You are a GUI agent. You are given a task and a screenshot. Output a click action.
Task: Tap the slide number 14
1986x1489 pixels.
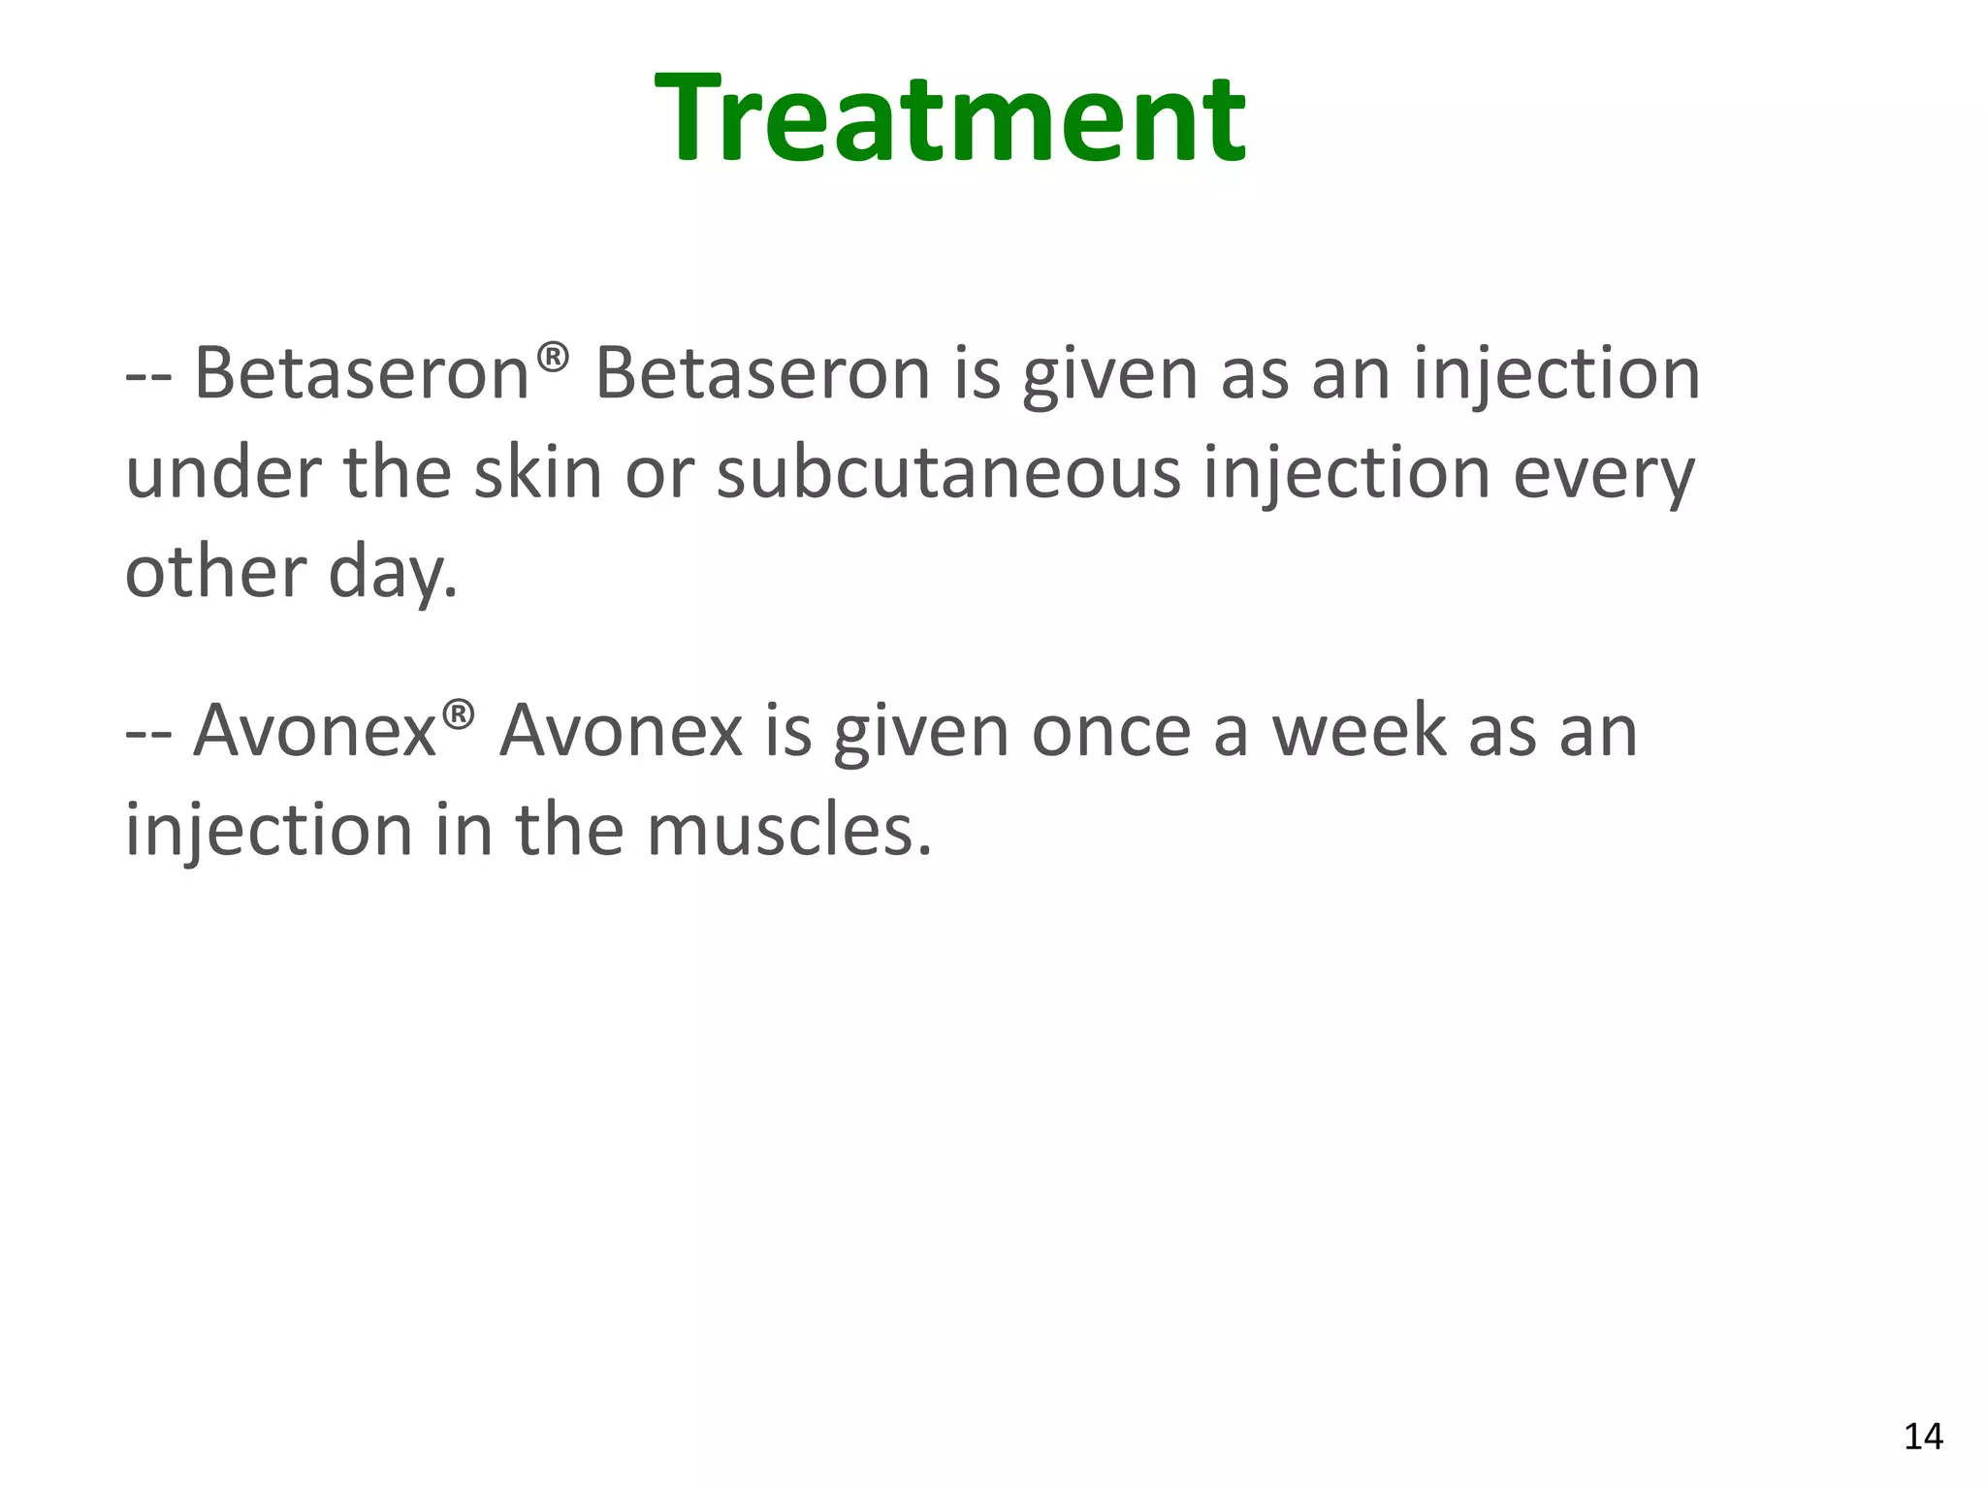(x=1923, y=1436)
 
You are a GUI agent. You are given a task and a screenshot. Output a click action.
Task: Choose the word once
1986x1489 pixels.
(x=1110, y=731)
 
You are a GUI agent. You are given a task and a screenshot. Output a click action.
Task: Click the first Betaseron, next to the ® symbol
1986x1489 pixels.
(x=361, y=373)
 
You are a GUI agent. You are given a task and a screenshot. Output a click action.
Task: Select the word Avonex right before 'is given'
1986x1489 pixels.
(x=621, y=731)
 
